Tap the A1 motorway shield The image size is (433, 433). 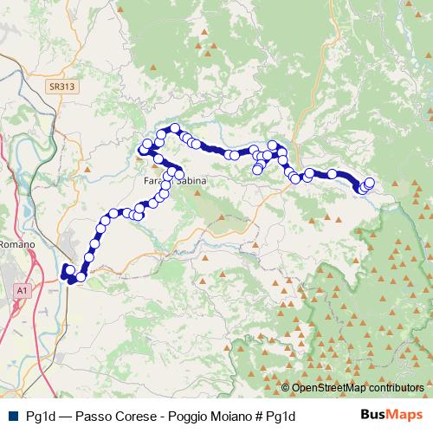click(21, 292)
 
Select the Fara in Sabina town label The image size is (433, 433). click(168, 182)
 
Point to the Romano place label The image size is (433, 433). click(16, 245)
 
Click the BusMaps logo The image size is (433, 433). click(394, 416)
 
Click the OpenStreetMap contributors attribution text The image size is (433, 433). click(358, 388)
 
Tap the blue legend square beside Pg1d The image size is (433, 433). click(11, 417)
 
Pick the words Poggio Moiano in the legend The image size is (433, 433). click(202, 417)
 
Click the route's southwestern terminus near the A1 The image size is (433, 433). click(67, 273)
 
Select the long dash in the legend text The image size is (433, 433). click(63, 417)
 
